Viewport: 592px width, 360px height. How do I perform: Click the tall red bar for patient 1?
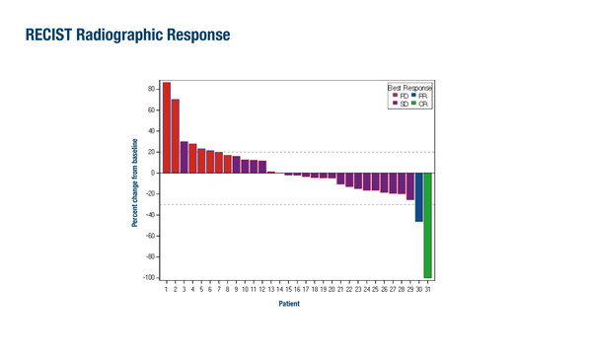pyautogui.click(x=167, y=127)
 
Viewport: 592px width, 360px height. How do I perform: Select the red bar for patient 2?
pyautogui.click(x=176, y=136)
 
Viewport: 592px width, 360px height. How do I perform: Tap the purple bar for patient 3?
pyautogui.click(x=184, y=157)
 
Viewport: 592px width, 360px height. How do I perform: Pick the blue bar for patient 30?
pyautogui.click(x=419, y=197)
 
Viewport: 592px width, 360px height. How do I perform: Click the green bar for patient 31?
pyautogui.click(x=428, y=225)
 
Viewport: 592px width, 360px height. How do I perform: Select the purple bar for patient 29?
pyautogui.click(x=410, y=186)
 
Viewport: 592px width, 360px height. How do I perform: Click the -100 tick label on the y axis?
pyautogui.click(x=148, y=278)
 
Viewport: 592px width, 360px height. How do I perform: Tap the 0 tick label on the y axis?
pyautogui.click(x=153, y=173)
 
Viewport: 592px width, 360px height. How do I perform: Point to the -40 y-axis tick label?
pyautogui.click(x=149, y=215)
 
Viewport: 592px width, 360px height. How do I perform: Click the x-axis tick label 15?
pyautogui.click(x=288, y=289)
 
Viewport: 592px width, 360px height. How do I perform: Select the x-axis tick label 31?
pyautogui.click(x=428, y=289)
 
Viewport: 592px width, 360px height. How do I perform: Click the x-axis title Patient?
pyautogui.click(x=288, y=304)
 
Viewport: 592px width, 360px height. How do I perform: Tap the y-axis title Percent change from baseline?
pyautogui.click(x=135, y=183)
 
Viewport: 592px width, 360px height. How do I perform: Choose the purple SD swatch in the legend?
pyautogui.click(x=395, y=103)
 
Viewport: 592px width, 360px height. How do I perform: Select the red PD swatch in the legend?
pyautogui.click(x=395, y=95)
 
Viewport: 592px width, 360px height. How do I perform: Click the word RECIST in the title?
pyautogui.click(x=45, y=36)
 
